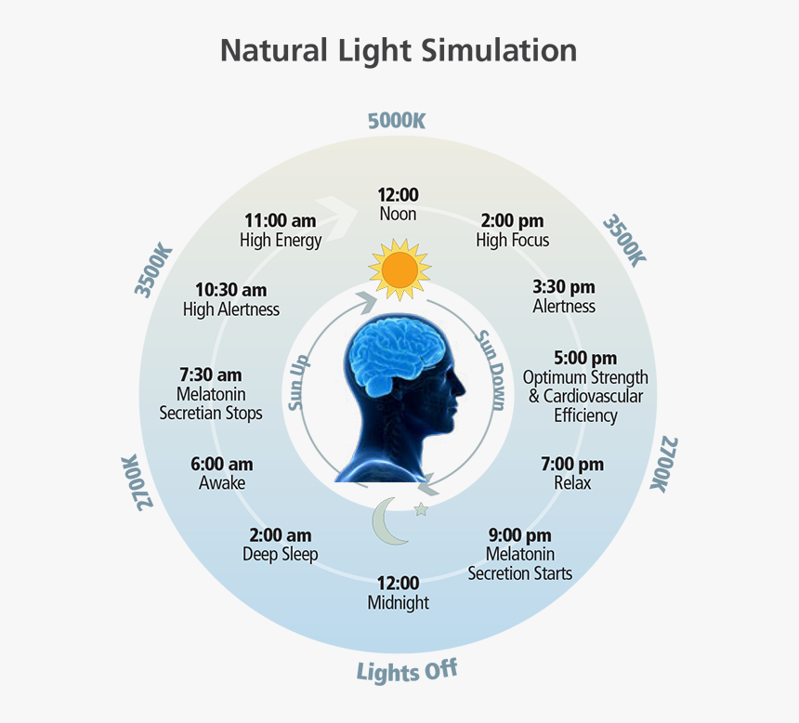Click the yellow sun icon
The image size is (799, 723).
click(x=400, y=269)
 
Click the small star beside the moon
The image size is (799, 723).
click(x=421, y=509)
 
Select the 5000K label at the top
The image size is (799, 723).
click(x=397, y=121)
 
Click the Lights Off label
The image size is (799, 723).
click(x=407, y=671)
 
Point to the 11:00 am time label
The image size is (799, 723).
click(x=281, y=220)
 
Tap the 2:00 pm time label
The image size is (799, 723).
click(x=512, y=220)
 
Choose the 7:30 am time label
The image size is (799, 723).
click(x=210, y=375)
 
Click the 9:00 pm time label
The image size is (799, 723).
click(x=520, y=535)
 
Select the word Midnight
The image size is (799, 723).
click(x=399, y=602)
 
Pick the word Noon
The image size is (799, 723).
click(x=399, y=214)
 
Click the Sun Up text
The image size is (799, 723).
click(x=300, y=381)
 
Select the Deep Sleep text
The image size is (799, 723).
click(x=281, y=555)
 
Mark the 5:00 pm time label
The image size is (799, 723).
click(x=585, y=358)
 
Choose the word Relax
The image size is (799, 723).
click(x=572, y=482)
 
